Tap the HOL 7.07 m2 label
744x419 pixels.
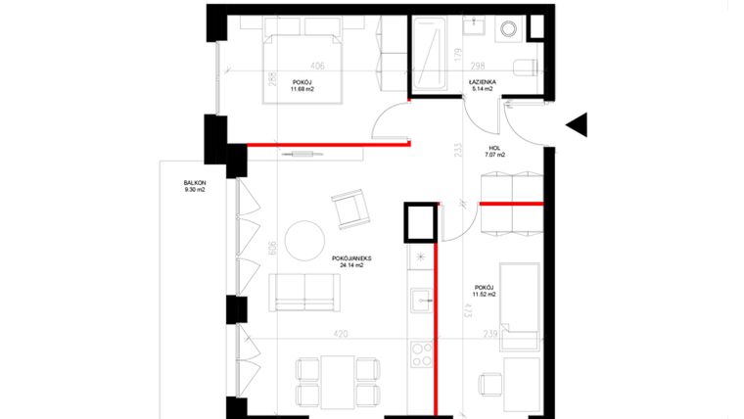496,152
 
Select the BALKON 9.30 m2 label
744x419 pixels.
194,186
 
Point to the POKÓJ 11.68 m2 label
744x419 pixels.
302,85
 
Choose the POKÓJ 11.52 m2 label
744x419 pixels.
482,291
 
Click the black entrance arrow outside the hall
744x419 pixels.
578,125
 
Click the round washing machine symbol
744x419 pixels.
510,30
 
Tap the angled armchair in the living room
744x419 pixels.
349,209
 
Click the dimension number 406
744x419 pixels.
317,66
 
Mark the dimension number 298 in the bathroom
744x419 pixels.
481,66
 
